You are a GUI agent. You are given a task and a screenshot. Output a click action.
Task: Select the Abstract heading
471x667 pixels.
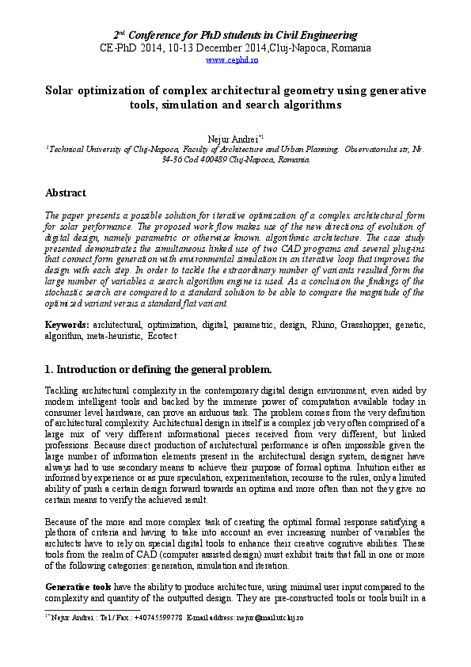66,192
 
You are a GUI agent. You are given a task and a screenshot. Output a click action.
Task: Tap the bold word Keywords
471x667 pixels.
66,325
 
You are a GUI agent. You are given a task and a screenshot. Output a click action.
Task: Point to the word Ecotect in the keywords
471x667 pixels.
161,336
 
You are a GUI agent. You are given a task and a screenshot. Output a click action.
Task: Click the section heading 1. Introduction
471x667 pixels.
158,369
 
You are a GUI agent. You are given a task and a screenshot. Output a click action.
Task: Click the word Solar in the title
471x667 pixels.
60,90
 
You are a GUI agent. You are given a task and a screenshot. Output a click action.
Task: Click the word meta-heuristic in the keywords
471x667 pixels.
111,336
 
